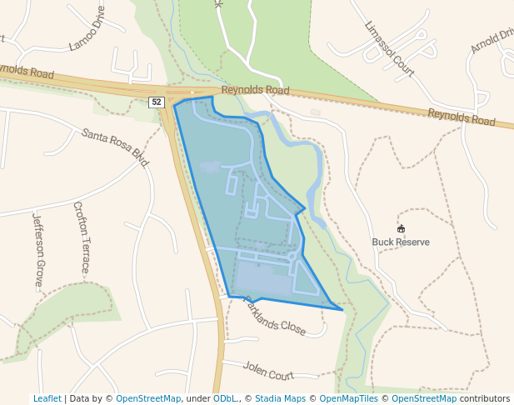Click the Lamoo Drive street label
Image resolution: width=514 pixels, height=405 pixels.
87,29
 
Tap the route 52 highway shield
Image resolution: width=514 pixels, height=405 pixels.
157,102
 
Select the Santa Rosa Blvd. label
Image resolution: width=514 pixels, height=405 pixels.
115,147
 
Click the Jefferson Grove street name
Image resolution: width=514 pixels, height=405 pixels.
37,250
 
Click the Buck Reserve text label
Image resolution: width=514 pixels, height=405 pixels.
401,242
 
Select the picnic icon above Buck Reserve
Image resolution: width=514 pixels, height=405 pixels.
401,228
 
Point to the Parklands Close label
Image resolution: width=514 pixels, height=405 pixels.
274,317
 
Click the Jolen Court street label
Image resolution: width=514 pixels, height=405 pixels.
269,370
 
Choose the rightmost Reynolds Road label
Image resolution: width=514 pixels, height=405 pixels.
462,117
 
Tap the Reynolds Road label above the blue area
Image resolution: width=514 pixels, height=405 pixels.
255,90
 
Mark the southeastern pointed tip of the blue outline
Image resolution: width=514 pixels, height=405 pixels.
342,310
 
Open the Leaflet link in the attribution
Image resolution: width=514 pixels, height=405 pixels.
47,398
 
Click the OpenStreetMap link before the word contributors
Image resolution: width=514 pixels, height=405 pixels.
424,398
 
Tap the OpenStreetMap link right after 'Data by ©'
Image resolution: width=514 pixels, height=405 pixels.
148,398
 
